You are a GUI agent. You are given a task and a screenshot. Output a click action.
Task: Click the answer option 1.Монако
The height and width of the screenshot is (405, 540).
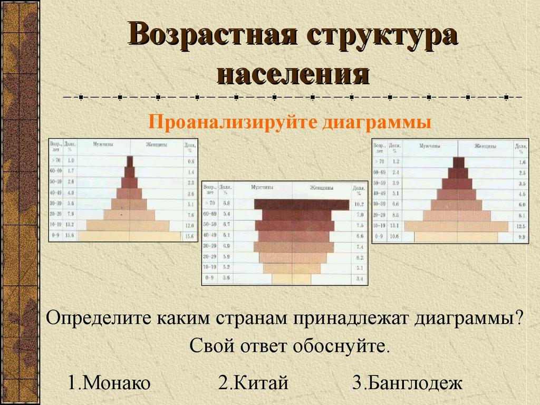pyautogui.click(x=109, y=382)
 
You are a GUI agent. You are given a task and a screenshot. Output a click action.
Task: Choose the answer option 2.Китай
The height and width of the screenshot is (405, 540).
pyautogui.click(x=254, y=382)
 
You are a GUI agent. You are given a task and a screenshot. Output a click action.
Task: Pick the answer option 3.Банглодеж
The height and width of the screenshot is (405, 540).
pyautogui.click(x=407, y=382)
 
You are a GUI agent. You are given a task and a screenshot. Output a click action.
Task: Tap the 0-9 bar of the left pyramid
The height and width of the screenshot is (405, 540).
pyautogui.click(x=130, y=236)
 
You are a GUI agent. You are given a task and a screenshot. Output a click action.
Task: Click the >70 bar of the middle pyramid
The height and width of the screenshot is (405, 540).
pyautogui.click(x=301, y=204)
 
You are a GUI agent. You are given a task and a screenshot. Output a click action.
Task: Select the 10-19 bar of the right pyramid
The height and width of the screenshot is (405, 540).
pyautogui.click(x=457, y=226)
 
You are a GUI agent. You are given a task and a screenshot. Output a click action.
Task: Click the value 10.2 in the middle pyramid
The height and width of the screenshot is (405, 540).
pyautogui.click(x=360, y=204)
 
